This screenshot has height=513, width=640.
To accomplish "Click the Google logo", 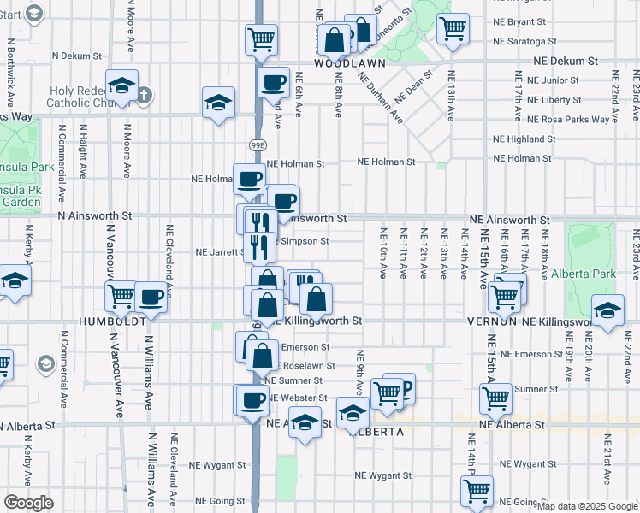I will (x=28, y=503).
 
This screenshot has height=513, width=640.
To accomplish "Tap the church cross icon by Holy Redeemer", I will (x=144, y=94).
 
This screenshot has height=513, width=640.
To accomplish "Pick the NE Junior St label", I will (x=553, y=80).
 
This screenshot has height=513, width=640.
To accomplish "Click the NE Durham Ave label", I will (x=380, y=98).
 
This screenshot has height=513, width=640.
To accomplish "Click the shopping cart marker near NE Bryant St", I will (x=453, y=27).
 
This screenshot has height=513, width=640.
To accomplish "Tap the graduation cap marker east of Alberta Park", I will (x=607, y=310).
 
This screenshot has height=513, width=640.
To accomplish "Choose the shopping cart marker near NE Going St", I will (x=477, y=490).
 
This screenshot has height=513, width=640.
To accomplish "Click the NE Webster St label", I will (x=296, y=398).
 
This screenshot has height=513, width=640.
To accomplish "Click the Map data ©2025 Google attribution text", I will (x=587, y=506).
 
